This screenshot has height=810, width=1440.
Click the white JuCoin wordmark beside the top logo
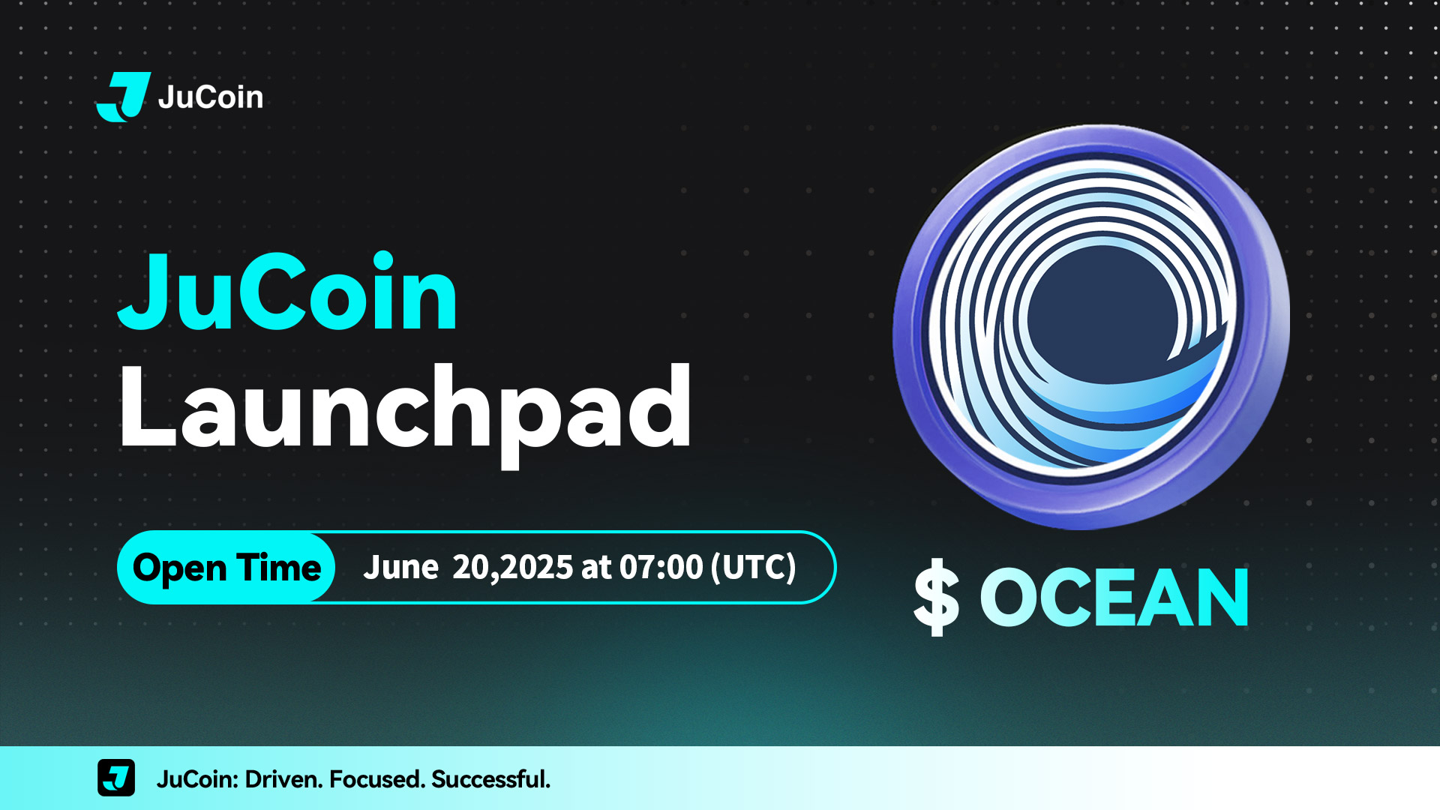click(x=211, y=97)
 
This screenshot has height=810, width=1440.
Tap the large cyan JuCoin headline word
click(x=287, y=292)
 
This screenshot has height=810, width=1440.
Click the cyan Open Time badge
click(x=226, y=568)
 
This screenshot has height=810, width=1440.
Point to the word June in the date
click(x=401, y=567)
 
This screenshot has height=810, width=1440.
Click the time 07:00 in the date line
click(x=661, y=567)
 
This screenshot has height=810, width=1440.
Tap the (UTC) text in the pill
click(x=754, y=567)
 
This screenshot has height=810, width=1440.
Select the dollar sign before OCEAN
click(x=936, y=598)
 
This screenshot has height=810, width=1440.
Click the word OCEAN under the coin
click(x=1114, y=597)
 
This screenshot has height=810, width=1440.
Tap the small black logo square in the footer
click(x=116, y=778)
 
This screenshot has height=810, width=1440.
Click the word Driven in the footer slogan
click(x=285, y=779)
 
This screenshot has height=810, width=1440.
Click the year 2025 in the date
click(x=537, y=567)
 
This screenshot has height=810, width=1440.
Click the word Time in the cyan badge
click(x=279, y=568)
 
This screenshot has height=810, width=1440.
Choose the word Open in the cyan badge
click(x=180, y=569)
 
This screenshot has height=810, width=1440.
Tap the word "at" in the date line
click(x=596, y=568)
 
